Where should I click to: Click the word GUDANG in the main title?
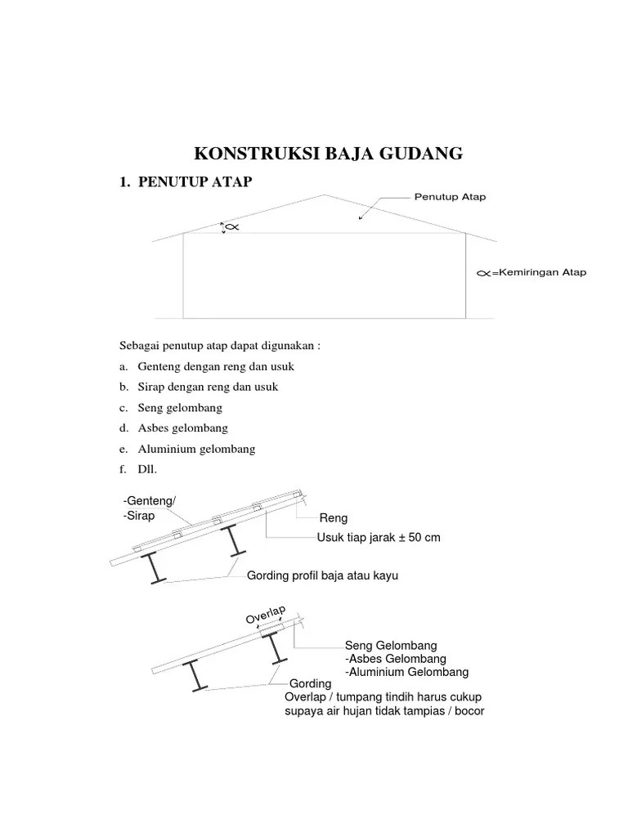point(420,153)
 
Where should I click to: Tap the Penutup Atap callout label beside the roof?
point(450,197)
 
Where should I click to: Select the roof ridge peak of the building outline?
point(325,195)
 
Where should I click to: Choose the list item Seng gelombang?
point(180,407)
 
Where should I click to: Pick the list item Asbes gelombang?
point(183,427)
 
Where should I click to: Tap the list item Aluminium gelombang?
point(196,449)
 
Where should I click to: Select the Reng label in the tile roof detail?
point(334,518)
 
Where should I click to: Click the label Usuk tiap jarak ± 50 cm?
point(379,537)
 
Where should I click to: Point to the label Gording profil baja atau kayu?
point(322,576)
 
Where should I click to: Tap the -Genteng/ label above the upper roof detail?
point(150,501)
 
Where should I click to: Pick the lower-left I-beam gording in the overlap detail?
point(196,675)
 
